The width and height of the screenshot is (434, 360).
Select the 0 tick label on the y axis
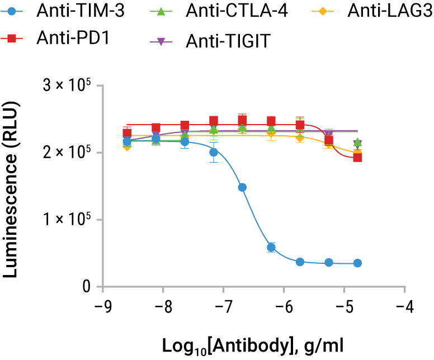click(x=86, y=287)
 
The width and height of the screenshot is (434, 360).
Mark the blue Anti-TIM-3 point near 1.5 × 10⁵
click(x=242, y=187)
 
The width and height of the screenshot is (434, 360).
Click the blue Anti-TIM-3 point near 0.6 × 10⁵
click(x=271, y=247)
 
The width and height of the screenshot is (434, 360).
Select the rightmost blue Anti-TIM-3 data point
click(x=357, y=263)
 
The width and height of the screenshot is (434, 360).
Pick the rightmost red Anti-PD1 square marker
click(x=357, y=157)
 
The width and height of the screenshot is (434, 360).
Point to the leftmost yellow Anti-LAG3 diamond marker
click(x=127, y=146)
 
